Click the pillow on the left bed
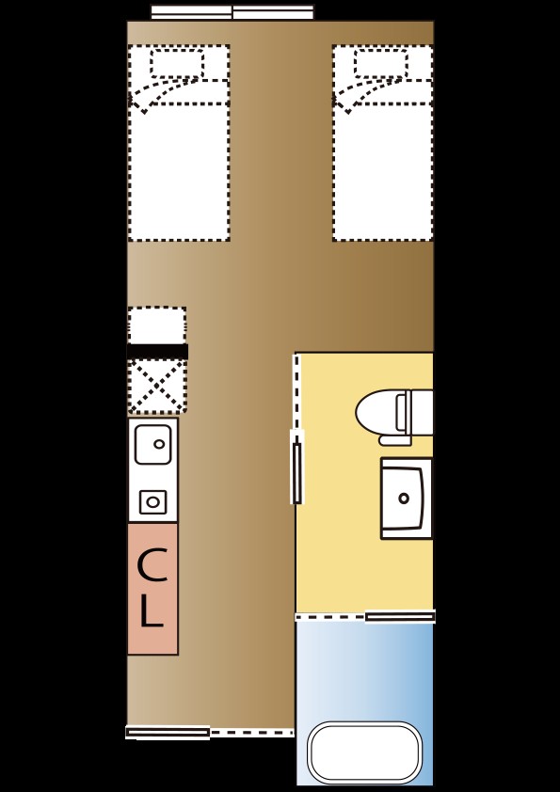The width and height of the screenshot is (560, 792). coord(177,63)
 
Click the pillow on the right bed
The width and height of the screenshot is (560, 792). coord(380,63)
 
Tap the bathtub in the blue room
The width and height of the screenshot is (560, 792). coord(364,752)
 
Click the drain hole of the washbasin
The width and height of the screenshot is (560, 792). coord(404,499)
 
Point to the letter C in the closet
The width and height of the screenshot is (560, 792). coord(152,565)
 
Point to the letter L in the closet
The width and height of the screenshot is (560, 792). coord(152,610)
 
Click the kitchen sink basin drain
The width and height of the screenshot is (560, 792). coord(159,445)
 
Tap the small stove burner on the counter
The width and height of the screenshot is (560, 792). coord(152,502)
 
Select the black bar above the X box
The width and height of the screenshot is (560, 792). coord(157,352)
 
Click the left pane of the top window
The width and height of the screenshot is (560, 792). coord(192,12)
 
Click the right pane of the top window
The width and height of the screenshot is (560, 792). coord(273,12)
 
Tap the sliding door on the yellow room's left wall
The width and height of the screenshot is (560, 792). coord(297,467)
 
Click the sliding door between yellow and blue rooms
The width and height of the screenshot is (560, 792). coord(400,616)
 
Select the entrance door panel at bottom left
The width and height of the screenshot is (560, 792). coord(168,732)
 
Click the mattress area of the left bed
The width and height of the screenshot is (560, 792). coord(179,172)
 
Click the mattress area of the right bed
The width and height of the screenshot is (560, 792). coord(383,172)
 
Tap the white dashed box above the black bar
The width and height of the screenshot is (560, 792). coord(156,325)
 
